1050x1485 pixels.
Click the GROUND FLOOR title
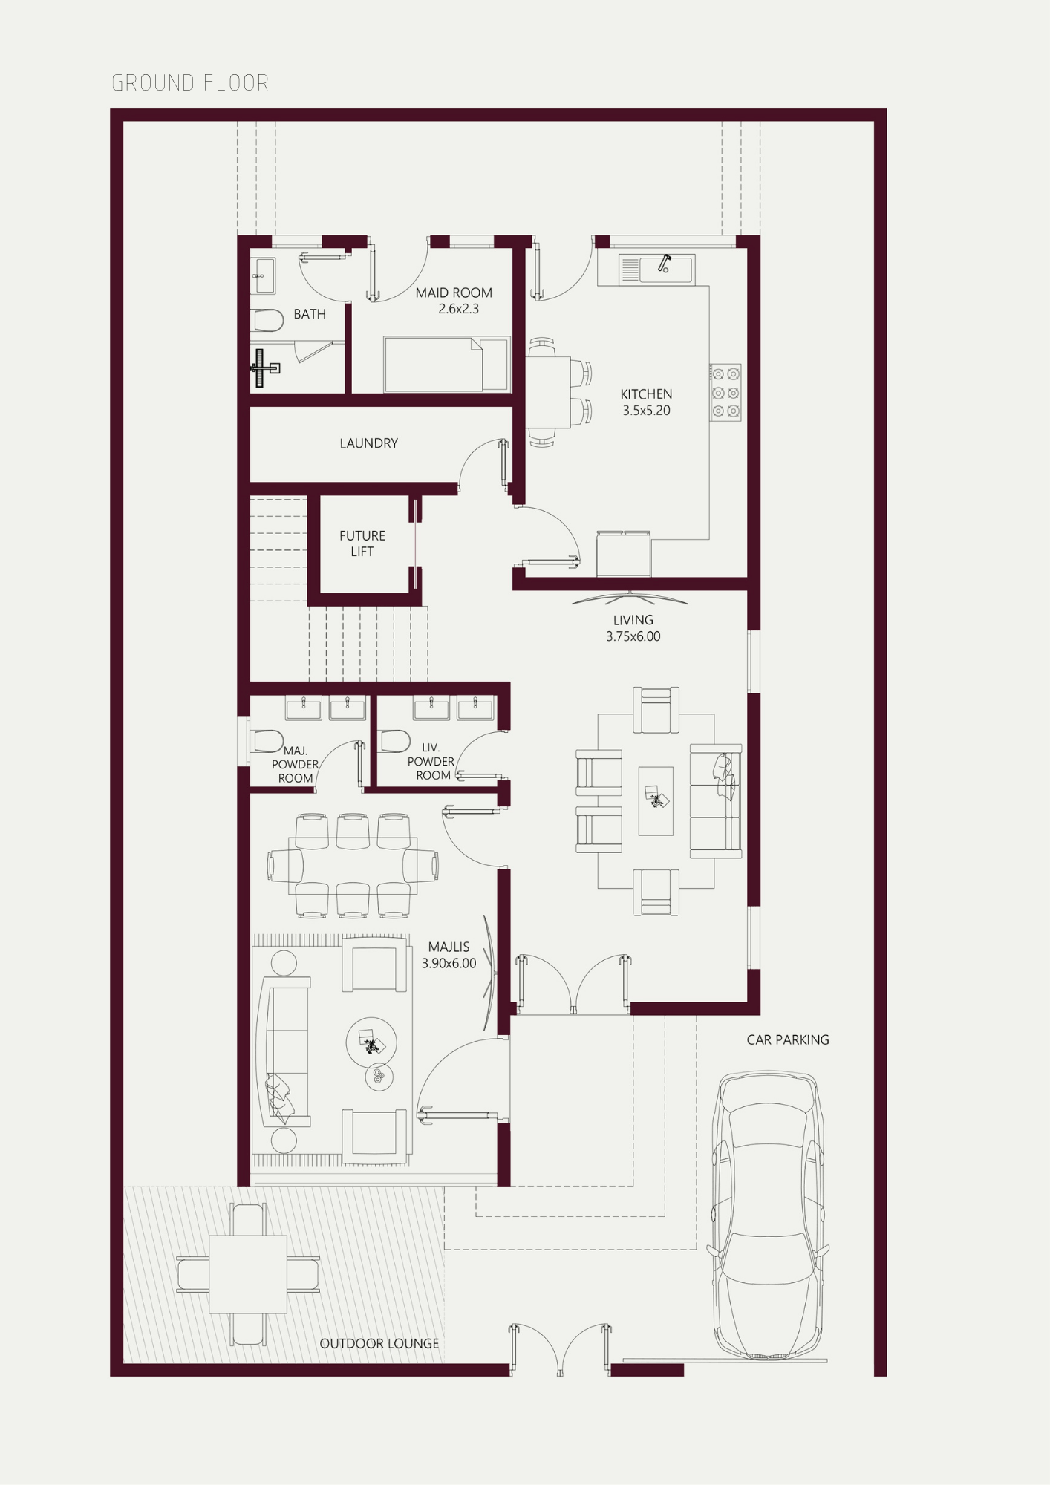190,82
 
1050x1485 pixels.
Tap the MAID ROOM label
454,293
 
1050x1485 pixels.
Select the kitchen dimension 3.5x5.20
646,411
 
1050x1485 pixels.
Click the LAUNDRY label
369,443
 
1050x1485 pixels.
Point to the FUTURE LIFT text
362,544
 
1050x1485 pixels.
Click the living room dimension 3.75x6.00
633,636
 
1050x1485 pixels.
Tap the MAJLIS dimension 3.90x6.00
449,963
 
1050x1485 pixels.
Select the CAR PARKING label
788,1039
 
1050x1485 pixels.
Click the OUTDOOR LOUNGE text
379,1343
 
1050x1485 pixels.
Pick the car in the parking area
768,1215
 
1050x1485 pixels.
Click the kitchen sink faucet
664,263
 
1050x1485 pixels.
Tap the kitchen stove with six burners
725,393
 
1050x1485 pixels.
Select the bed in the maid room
446,364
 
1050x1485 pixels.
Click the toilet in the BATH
267,321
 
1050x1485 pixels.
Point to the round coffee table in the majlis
371,1042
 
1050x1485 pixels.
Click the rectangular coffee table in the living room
656,801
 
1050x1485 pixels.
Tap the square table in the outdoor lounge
248,1274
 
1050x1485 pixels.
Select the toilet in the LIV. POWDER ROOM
395,741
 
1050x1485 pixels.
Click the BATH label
310,314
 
